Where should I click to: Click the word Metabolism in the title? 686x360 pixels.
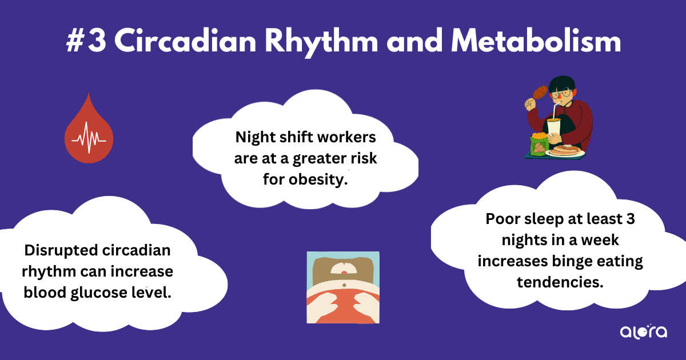point(536,41)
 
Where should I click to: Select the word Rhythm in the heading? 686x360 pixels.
point(321,43)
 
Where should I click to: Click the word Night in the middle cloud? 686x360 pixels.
point(255,137)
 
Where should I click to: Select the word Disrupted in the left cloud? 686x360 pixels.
point(61,251)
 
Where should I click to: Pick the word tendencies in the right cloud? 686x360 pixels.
point(560,282)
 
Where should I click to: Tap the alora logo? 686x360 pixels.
point(644,331)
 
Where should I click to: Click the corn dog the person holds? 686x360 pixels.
point(540,92)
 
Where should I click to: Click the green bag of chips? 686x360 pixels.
point(539,144)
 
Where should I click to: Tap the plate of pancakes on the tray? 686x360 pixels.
point(565,151)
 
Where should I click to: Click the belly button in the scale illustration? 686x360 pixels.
point(344,285)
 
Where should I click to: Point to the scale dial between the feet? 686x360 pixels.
point(344,269)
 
